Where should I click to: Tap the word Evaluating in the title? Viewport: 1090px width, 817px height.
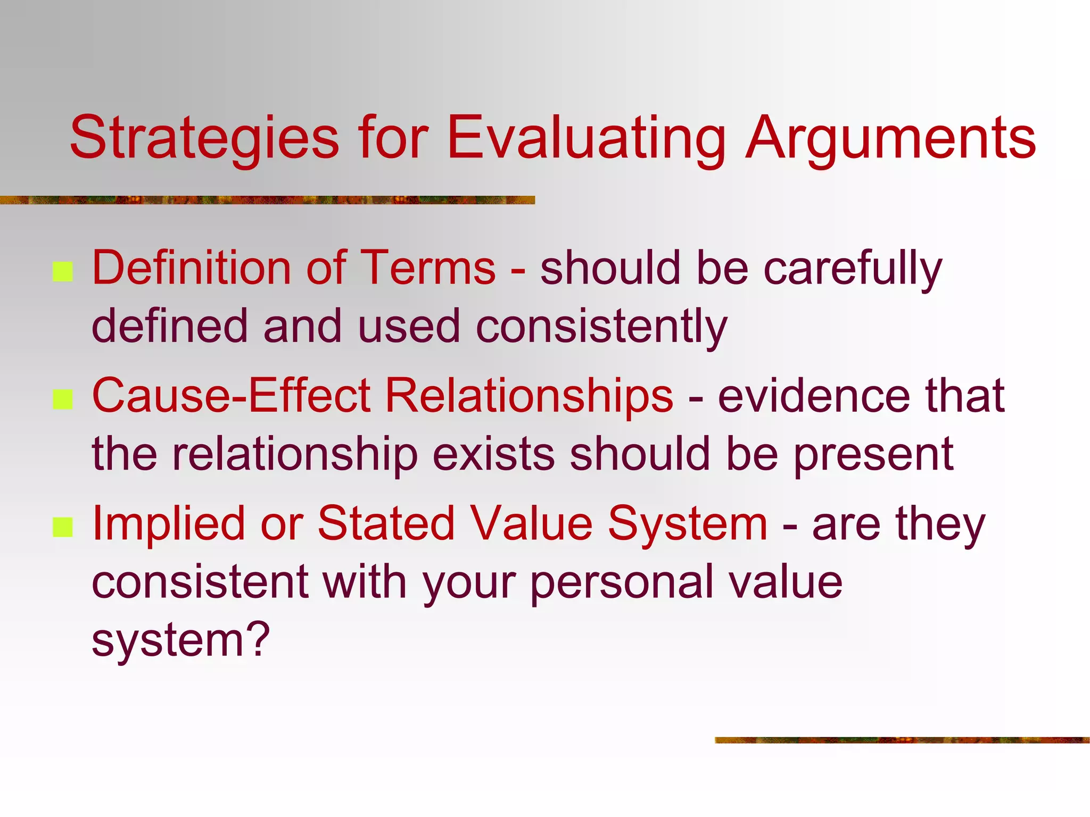point(585,138)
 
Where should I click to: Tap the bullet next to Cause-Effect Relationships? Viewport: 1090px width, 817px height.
point(63,399)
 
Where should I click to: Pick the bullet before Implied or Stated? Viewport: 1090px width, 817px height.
point(63,527)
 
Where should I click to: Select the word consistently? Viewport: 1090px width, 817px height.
point(601,326)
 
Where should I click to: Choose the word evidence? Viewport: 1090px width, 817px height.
point(814,396)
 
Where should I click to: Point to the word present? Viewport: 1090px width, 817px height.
point(873,455)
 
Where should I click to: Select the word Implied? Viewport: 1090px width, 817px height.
point(168,524)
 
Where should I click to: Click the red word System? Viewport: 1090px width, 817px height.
point(687,524)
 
